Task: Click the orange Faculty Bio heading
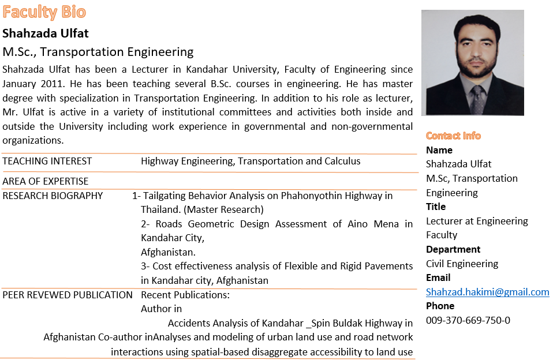click(44, 12)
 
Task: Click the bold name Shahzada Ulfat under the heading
click(46, 33)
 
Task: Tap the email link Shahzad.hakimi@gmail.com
click(487, 292)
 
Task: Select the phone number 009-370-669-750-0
click(468, 320)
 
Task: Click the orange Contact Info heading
click(453, 136)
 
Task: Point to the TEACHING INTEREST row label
click(47, 162)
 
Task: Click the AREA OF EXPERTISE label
click(46, 181)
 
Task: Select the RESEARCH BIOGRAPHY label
click(53, 196)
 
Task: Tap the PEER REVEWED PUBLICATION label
click(68, 295)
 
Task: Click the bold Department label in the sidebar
click(453, 249)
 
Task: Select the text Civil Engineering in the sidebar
click(462, 264)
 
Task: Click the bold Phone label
click(440, 306)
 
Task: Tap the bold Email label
click(438, 277)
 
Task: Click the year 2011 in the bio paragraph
click(55, 83)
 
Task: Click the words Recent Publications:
click(185, 295)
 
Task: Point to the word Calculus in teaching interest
click(342, 162)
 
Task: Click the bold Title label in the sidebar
click(436, 207)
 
